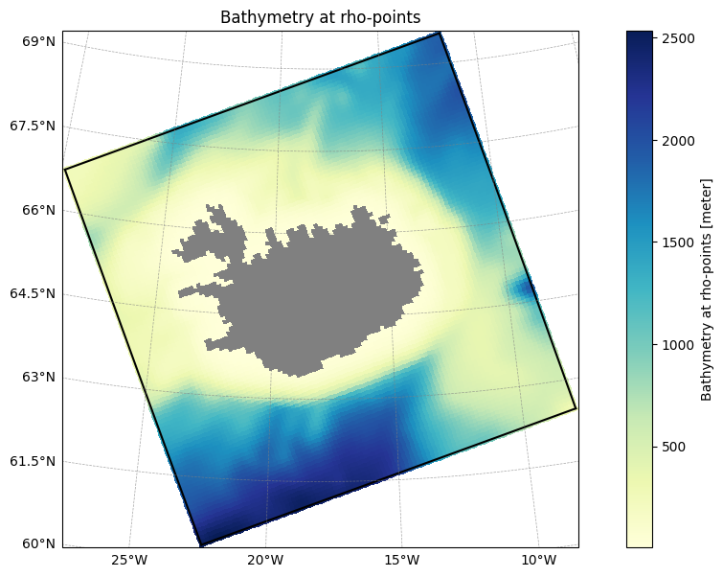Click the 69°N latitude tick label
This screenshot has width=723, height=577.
coord(38,41)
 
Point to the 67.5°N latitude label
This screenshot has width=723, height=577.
coord(33,126)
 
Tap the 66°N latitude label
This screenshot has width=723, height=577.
coord(38,210)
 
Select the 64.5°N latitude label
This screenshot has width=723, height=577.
coord(33,293)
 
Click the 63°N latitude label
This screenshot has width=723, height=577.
coord(38,377)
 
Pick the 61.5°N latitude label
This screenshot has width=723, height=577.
coord(33,461)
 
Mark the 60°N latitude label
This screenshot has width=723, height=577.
coord(38,543)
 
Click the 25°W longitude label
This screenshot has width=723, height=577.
coord(129,561)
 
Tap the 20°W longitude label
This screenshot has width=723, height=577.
coord(264,561)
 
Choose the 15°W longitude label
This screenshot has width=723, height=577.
coord(401,561)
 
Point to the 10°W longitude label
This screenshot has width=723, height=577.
coord(538,561)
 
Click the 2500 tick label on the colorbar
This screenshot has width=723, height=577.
coord(678,38)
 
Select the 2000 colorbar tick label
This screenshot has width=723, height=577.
coord(678,141)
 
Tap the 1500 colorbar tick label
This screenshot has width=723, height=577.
coord(678,242)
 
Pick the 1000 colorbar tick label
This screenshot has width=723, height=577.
coord(678,345)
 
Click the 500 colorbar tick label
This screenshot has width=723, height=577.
coord(673,447)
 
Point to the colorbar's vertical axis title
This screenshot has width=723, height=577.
coord(706,289)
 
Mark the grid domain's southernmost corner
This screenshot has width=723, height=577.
coord(201,545)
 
